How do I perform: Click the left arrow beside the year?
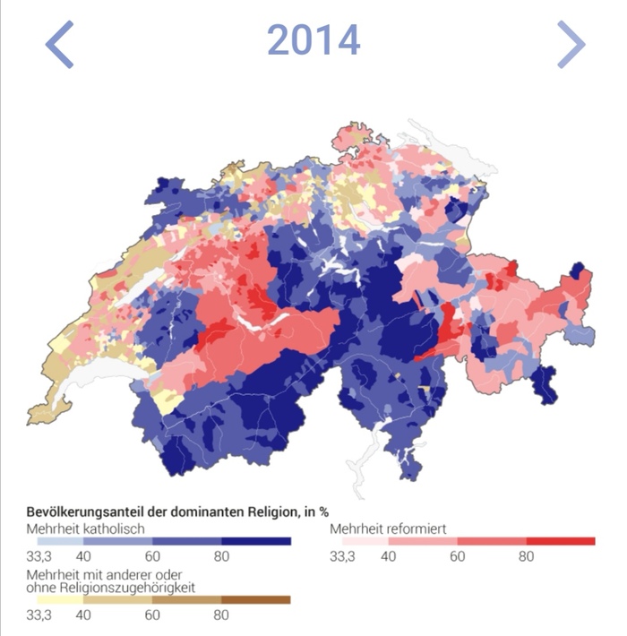(x=59, y=45)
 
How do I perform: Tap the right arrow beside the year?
(x=571, y=45)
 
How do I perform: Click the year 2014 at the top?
(x=313, y=40)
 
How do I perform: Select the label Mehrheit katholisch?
(x=85, y=529)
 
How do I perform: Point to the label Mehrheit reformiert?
(x=388, y=529)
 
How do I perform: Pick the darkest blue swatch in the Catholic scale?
(x=256, y=541)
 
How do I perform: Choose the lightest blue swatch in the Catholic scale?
(x=55, y=541)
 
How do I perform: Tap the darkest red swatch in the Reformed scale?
(x=560, y=541)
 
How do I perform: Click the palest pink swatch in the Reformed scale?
(x=358, y=541)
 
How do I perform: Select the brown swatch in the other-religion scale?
(x=256, y=600)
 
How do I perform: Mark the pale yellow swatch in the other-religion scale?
(x=55, y=600)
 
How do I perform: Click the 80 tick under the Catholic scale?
(x=221, y=556)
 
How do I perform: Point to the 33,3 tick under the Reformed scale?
(x=342, y=556)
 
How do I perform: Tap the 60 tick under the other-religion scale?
(x=152, y=615)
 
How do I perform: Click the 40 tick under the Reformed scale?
(x=387, y=556)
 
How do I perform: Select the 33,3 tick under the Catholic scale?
(x=39, y=556)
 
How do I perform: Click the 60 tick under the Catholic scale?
(x=152, y=556)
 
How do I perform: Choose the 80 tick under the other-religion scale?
(x=221, y=615)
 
